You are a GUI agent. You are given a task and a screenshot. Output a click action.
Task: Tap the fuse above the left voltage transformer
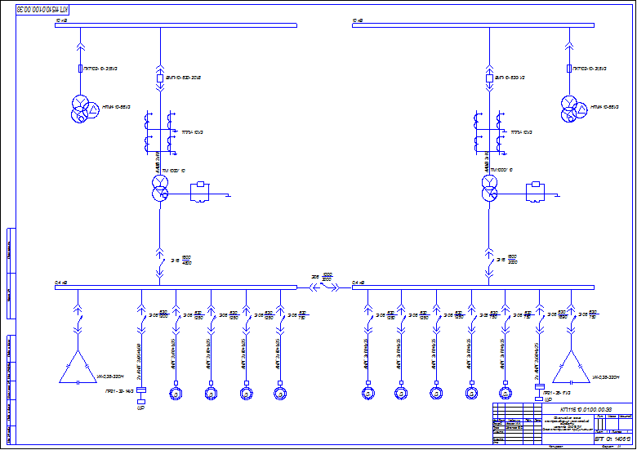[x=79, y=69]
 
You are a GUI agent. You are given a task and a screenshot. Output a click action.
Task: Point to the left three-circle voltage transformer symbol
[x=80, y=109]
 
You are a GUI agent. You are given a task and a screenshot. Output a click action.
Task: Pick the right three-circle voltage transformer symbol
[x=569, y=109]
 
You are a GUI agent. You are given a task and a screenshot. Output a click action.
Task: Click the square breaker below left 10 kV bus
[x=160, y=78]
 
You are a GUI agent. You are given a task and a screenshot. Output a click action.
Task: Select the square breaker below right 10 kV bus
[x=488, y=78]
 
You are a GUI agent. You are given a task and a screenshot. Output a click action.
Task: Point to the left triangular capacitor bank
[x=78, y=369]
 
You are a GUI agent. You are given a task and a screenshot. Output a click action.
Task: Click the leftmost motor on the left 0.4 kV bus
[x=175, y=394]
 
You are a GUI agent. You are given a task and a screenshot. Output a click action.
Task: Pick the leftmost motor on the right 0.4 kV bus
[x=367, y=394]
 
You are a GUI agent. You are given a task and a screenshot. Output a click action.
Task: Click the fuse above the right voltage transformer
[x=569, y=69]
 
